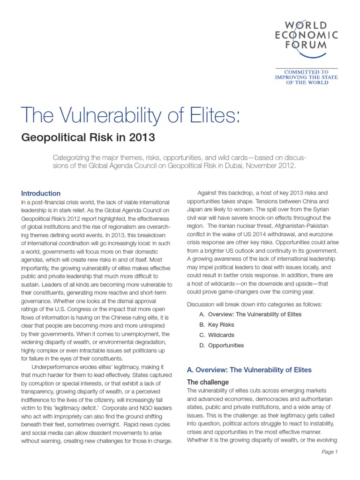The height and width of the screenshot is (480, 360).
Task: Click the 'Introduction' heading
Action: (x=41, y=193)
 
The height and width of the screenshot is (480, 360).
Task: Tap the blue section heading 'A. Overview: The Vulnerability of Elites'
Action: (x=249, y=370)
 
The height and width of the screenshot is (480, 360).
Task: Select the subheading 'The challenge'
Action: (x=208, y=382)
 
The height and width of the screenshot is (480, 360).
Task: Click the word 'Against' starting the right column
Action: (x=209, y=193)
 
